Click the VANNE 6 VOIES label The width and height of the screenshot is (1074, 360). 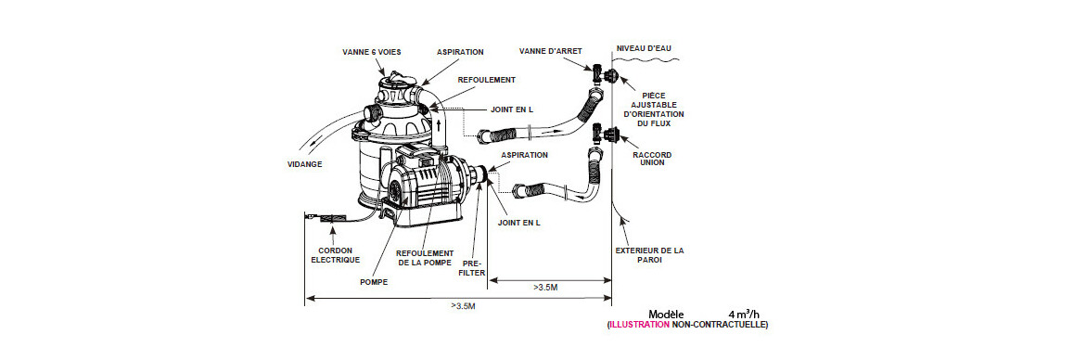(371, 52)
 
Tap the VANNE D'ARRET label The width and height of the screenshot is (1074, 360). (548, 51)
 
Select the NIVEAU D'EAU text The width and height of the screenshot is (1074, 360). (644, 48)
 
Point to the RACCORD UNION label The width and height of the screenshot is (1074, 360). (652, 160)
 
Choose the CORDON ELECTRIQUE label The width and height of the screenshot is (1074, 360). (335, 255)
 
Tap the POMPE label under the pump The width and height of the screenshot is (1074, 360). (373, 282)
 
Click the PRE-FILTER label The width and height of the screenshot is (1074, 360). (473, 267)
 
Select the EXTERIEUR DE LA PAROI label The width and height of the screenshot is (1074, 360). (649, 255)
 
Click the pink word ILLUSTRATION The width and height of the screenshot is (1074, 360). (640, 325)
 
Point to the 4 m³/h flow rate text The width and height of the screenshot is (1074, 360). (744, 314)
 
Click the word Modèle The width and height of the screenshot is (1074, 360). (666, 314)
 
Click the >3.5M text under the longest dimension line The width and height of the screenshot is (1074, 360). (463, 306)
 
